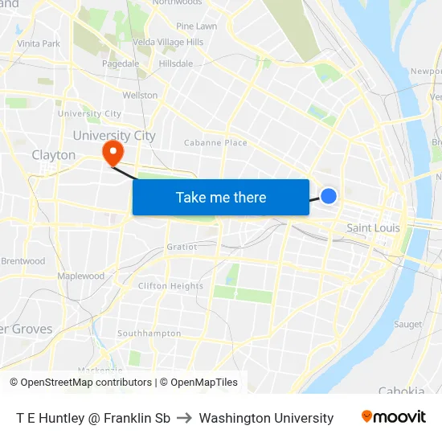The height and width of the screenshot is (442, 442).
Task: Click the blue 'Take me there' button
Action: click(220, 197)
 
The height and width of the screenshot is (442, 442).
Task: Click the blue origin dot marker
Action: click(329, 195)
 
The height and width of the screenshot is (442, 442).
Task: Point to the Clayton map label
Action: click(54, 155)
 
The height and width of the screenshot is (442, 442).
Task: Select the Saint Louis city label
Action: click(373, 228)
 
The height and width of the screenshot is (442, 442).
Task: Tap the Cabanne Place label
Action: click(215, 143)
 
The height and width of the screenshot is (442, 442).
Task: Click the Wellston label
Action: click(140, 96)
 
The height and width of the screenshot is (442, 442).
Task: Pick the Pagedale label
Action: click(121, 63)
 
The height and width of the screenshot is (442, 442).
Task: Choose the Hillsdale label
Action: click(176, 63)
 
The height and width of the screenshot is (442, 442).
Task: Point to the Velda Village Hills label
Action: click(168, 42)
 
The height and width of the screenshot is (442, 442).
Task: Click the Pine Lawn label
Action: click(196, 27)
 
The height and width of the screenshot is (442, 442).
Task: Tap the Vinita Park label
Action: click(39, 43)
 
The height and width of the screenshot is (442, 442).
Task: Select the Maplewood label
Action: click(80, 276)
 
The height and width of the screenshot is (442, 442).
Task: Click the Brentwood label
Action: click(23, 261)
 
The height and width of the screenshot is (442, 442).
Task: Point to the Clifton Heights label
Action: click(170, 286)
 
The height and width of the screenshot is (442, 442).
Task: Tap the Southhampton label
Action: click(149, 333)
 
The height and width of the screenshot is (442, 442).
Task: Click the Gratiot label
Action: click(182, 247)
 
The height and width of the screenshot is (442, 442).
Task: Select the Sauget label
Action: click(408, 325)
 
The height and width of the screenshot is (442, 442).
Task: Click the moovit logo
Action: click(394, 417)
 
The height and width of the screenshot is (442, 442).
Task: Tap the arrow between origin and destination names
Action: click(185, 418)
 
